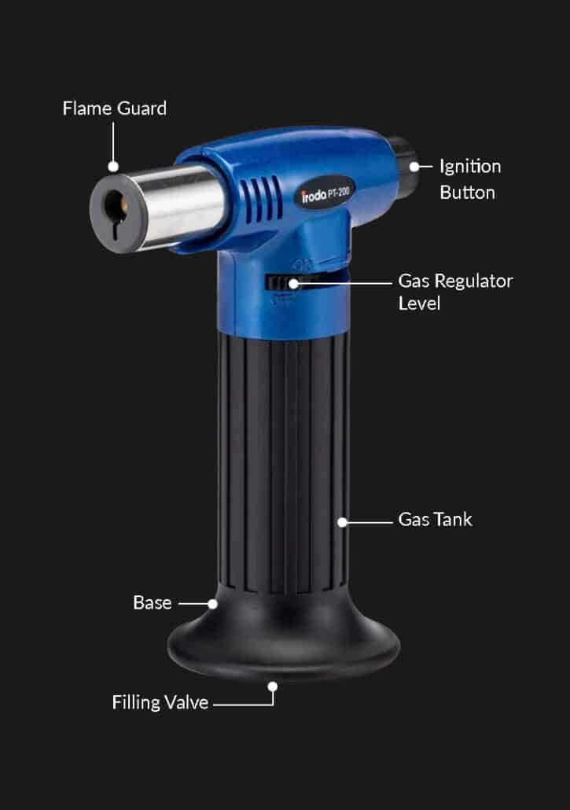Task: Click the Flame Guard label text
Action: pyautogui.click(x=114, y=109)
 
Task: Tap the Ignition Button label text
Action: pyautogui.click(x=469, y=179)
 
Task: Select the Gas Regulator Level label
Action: pyautogui.click(x=454, y=292)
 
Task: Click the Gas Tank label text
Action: pyautogui.click(x=435, y=520)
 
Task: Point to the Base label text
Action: pyautogui.click(x=152, y=603)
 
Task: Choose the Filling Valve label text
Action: pyautogui.click(x=160, y=702)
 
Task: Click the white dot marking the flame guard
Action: pyautogui.click(x=113, y=167)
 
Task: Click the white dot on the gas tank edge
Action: pyautogui.click(x=342, y=521)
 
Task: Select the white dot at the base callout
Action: pyautogui.click(x=212, y=604)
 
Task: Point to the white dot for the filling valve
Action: pyautogui.click(x=273, y=686)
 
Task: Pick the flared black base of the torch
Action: pyautogui.click(x=283, y=641)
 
